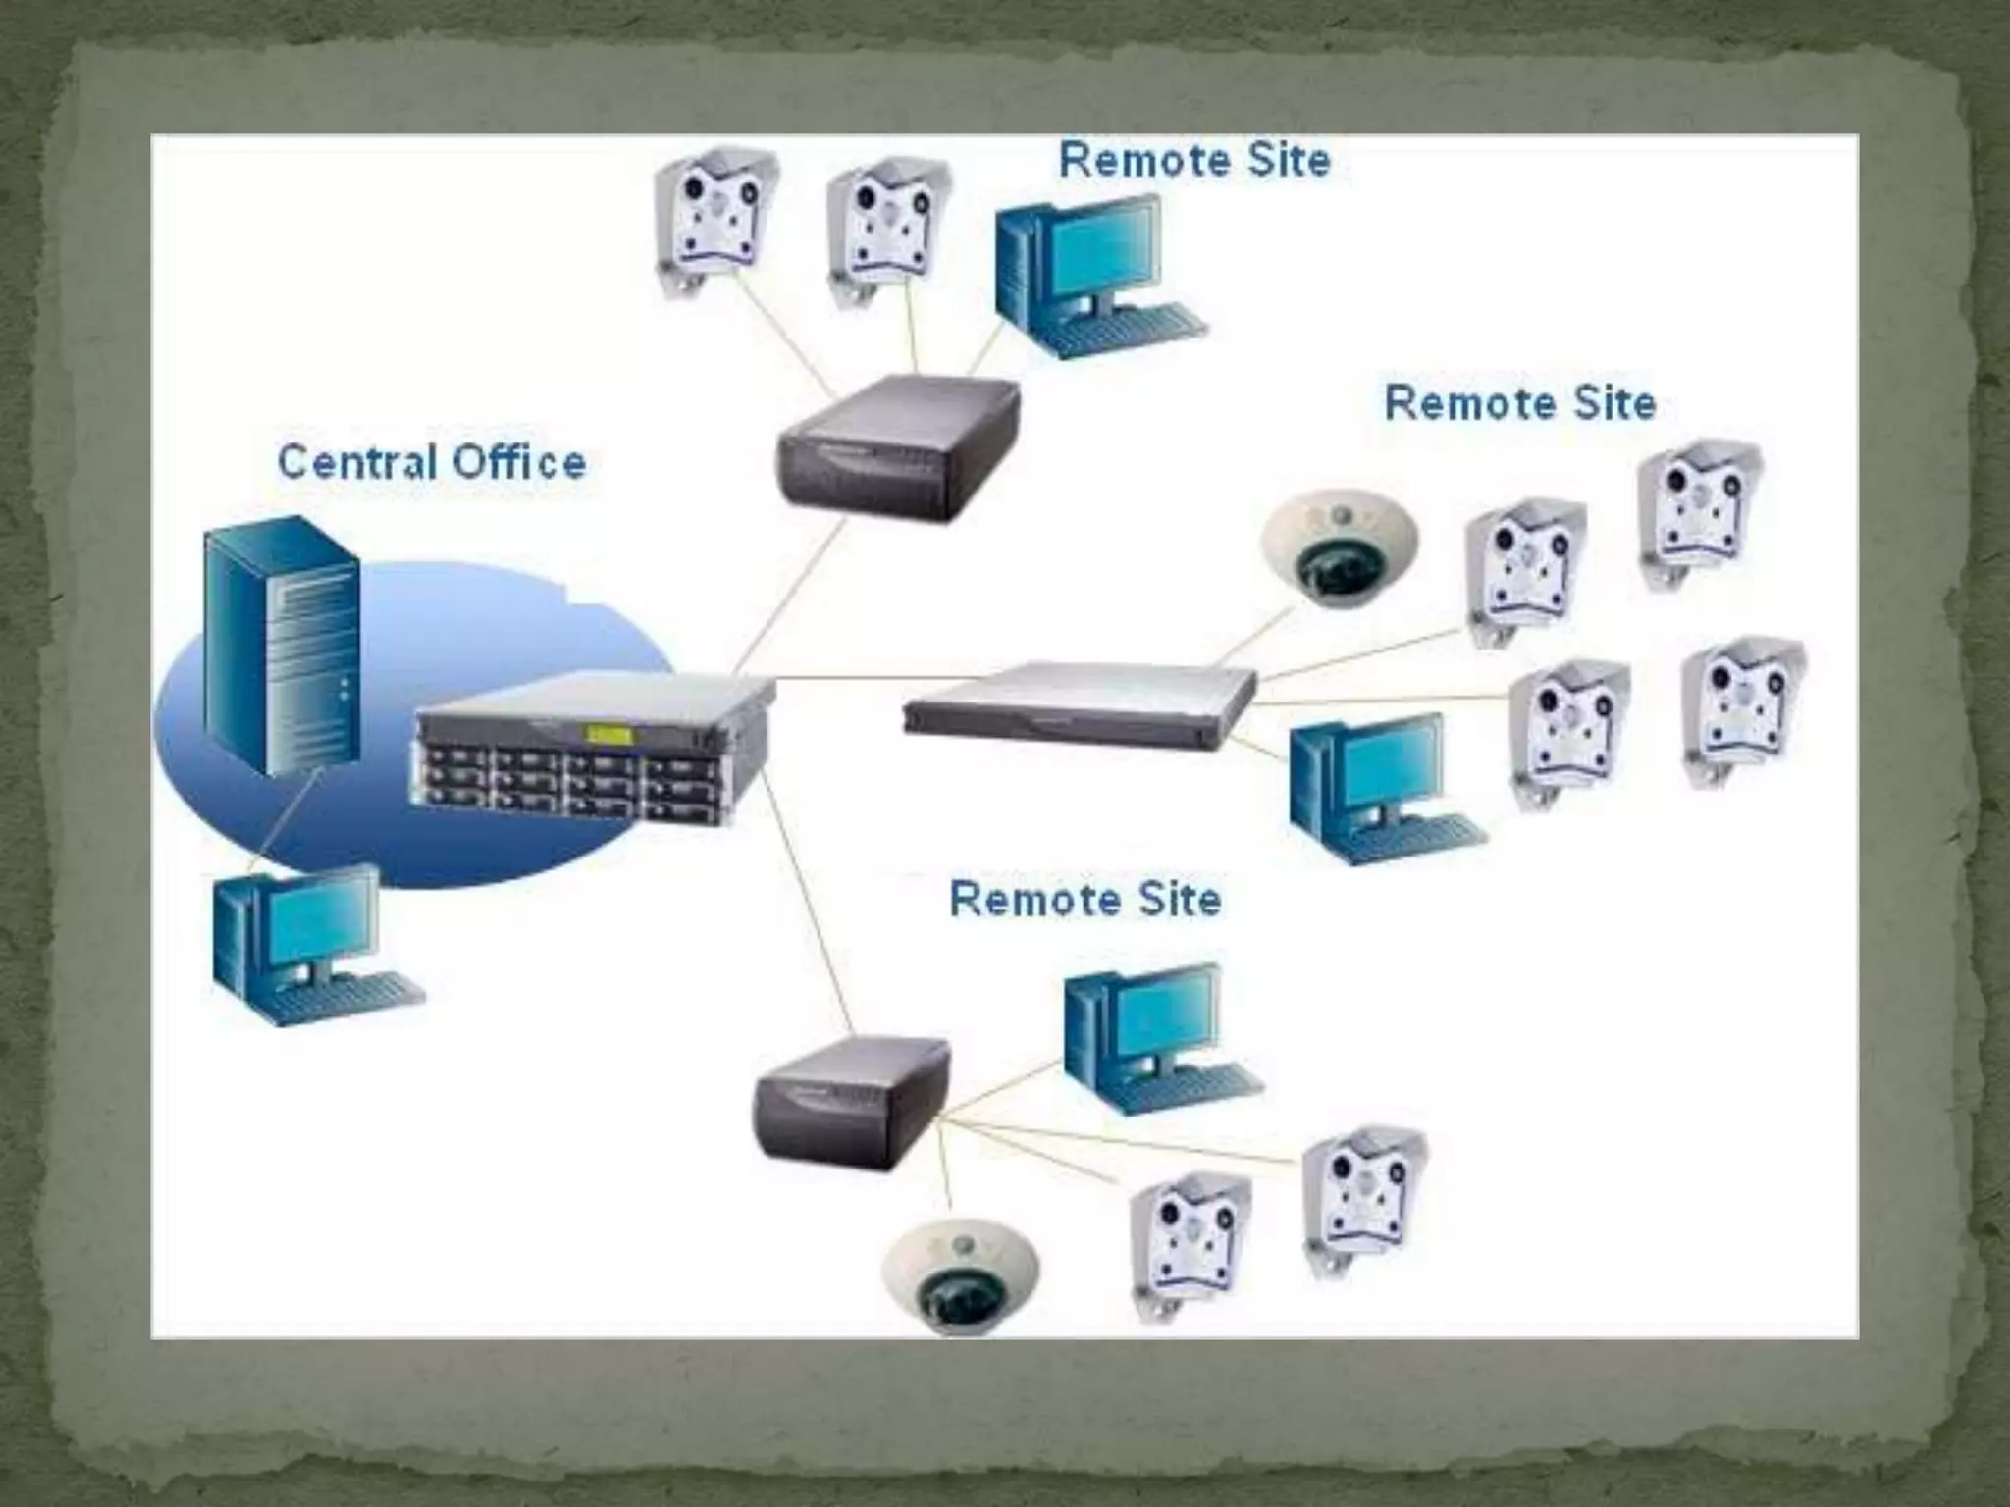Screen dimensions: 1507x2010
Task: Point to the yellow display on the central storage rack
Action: tap(608, 734)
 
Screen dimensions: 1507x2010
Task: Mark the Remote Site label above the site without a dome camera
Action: tap(1194, 160)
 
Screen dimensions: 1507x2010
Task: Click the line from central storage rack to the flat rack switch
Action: tap(844, 678)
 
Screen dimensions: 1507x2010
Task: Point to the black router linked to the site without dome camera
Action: tap(897, 447)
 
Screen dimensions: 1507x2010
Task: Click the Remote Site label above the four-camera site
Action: tap(1519, 403)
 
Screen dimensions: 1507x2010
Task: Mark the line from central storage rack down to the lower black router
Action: tap(805, 903)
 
